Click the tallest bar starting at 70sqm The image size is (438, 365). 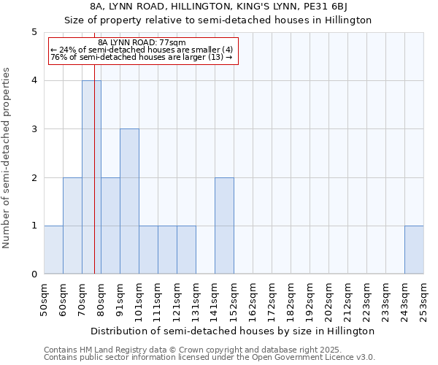coord(91,177)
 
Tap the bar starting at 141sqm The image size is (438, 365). coord(224,226)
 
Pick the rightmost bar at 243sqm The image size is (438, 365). coord(414,250)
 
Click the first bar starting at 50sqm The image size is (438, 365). coord(53,250)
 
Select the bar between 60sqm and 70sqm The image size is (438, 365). coord(72,226)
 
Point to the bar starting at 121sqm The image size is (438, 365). coord(186,250)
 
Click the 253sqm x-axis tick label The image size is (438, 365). coord(423,299)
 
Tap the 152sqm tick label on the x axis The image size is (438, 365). coord(234,299)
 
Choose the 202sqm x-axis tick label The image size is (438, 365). coord(328,299)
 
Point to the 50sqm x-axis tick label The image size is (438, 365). coord(44,299)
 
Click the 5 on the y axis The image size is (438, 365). coord(34,32)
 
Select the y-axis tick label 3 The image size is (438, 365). coord(34,129)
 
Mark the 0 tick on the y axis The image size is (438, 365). coord(34,274)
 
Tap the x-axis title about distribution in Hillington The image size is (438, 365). coord(234,331)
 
